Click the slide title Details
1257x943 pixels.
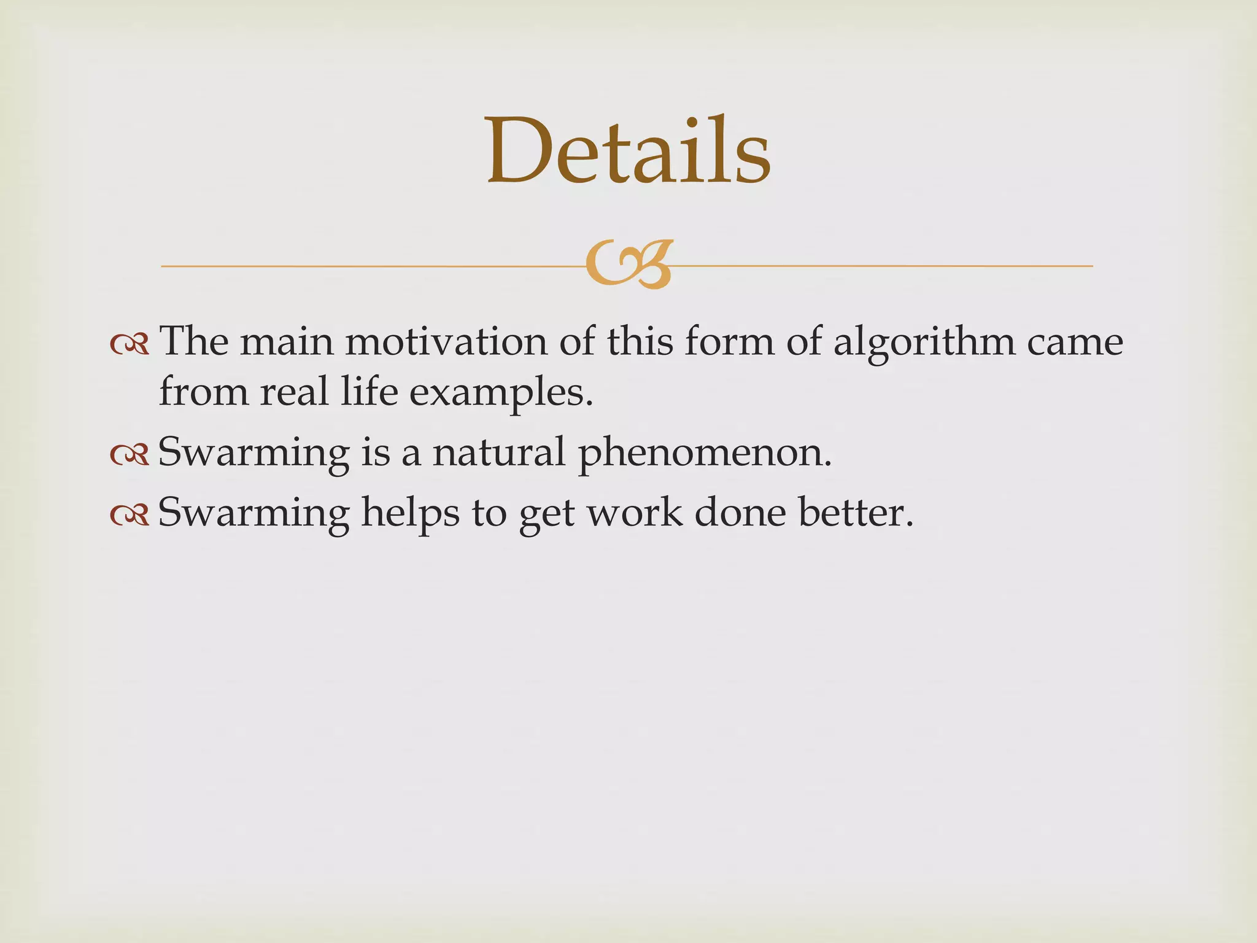[x=628, y=152]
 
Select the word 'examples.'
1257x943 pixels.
[x=501, y=394]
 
